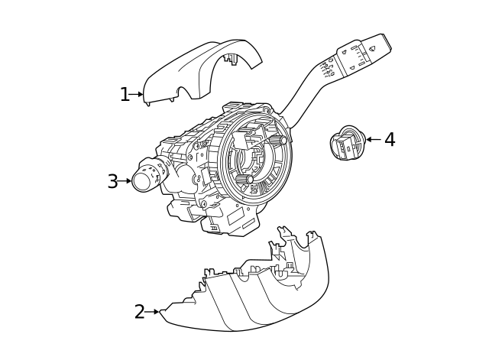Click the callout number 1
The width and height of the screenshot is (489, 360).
click(125, 95)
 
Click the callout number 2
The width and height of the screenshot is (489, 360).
click(139, 312)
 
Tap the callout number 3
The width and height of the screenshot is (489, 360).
click(112, 182)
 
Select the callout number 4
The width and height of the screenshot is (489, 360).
click(390, 140)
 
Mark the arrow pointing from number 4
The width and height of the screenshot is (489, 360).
click(373, 139)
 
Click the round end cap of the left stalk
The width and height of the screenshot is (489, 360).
click(142, 180)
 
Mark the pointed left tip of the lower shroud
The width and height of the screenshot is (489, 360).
click(163, 310)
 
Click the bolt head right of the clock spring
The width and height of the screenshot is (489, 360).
click(283, 140)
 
